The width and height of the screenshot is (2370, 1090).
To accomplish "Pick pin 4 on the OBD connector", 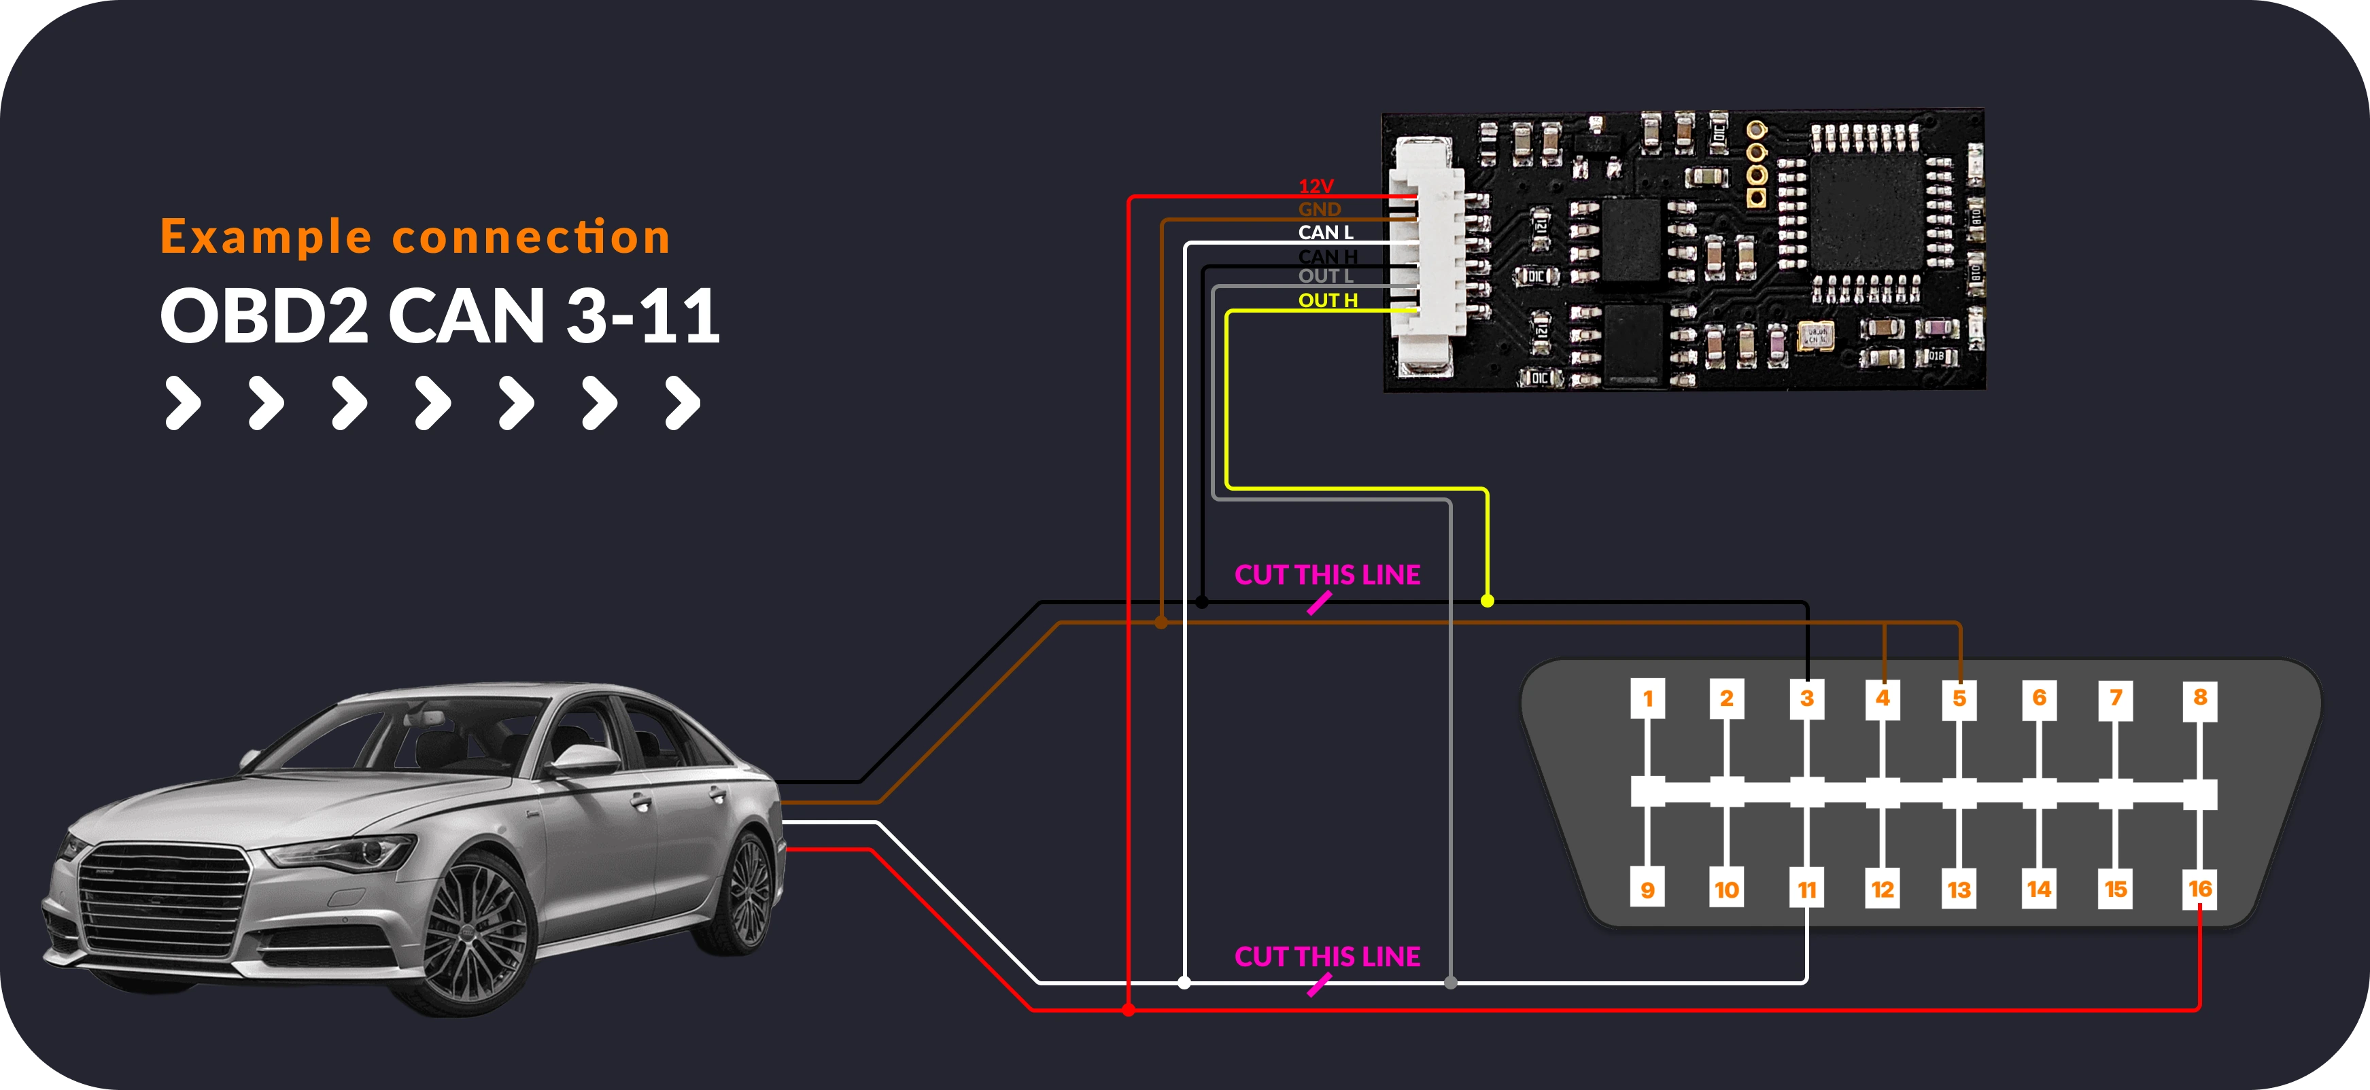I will pyautogui.click(x=1883, y=698).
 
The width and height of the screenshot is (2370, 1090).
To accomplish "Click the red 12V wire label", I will pyautogui.click(x=1316, y=186).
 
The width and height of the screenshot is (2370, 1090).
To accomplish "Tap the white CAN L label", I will pyautogui.click(x=1326, y=232).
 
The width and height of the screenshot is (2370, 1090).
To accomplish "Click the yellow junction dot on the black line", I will pyautogui.click(x=1487, y=601).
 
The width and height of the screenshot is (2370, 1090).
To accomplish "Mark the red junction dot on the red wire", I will pyautogui.click(x=1129, y=1010).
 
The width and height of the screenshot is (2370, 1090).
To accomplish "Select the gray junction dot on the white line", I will pyautogui.click(x=1451, y=983).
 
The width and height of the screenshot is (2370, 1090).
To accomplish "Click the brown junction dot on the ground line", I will pyautogui.click(x=1161, y=622).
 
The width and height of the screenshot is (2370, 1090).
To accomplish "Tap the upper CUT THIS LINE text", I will pyautogui.click(x=1326, y=575).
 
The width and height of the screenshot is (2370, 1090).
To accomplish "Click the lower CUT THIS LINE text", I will pyautogui.click(x=1326, y=957).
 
